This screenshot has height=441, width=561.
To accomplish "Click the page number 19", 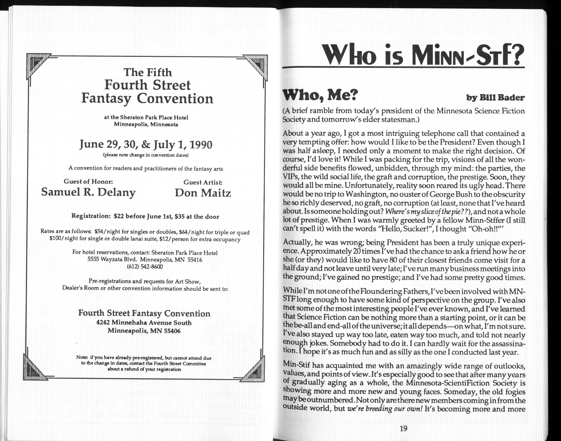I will point(403,429).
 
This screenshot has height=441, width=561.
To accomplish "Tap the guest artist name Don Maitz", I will point(203,193).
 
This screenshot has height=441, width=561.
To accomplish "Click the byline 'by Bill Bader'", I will point(495,98).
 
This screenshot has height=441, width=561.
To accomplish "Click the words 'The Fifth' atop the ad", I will point(148,72).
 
